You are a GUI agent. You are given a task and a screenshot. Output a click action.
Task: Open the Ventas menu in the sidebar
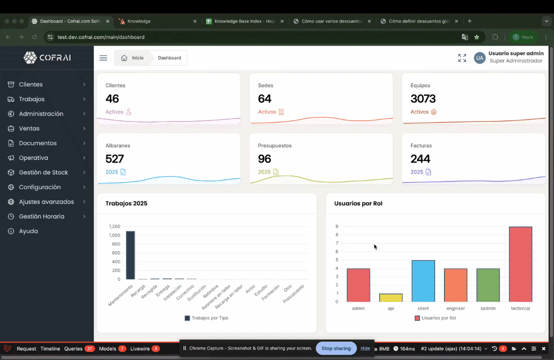click(29, 128)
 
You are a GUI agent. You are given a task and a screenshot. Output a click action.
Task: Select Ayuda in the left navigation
click(28, 231)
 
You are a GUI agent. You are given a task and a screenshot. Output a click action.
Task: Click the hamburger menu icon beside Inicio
click(103, 58)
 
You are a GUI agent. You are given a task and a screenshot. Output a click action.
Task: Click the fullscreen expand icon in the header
click(462, 58)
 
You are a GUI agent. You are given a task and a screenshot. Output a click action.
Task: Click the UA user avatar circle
click(479, 58)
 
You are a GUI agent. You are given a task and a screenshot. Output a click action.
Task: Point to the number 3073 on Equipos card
click(423, 98)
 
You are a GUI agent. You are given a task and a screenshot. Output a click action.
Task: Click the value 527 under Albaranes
click(114, 158)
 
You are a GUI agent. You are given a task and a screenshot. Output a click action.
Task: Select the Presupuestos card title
click(274, 145)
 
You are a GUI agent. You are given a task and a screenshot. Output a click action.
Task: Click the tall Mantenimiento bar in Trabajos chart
click(130, 255)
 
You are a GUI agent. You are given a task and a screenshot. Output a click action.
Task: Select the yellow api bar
click(390, 297)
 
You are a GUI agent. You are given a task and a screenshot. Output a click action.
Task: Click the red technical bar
click(520, 264)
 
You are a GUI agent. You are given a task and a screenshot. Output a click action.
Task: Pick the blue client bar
click(423, 280)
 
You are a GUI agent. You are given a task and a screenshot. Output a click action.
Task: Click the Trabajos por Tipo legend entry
click(206, 318)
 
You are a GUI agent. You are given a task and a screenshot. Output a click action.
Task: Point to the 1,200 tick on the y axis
click(114, 226)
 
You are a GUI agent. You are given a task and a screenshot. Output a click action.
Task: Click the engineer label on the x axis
click(455, 308)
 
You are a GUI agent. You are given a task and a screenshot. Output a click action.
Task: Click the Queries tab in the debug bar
click(73, 348)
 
